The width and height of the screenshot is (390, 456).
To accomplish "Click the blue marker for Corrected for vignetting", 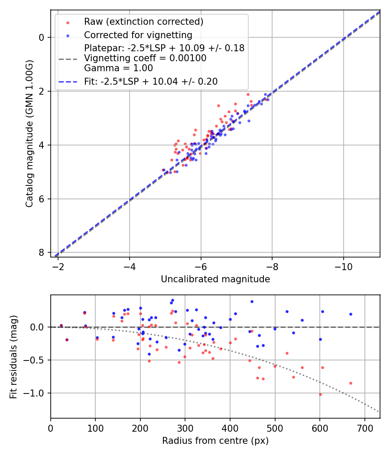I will point(68,35).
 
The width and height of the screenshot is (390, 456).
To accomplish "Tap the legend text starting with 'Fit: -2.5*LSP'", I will point(151,81).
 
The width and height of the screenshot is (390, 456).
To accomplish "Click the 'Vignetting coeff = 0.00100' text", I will point(145,58).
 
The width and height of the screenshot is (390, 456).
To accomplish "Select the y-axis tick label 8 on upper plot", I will point(42,253).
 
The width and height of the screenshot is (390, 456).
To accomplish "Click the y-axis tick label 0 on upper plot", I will point(42,37).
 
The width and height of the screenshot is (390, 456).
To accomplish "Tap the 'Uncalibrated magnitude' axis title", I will point(215,279).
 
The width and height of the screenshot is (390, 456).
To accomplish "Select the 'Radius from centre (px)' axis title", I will point(215,441).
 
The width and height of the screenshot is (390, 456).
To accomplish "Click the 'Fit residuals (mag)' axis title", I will point(13,357).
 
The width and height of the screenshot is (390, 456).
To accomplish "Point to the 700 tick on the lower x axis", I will point(364,428).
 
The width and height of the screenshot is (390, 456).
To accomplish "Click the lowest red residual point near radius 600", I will point(320,394).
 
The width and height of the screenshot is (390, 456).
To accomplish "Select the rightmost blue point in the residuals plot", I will point(351,314).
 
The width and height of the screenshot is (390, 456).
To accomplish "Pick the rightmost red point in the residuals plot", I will point(351,383).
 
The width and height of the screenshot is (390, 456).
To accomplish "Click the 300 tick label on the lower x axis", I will point(185,428).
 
